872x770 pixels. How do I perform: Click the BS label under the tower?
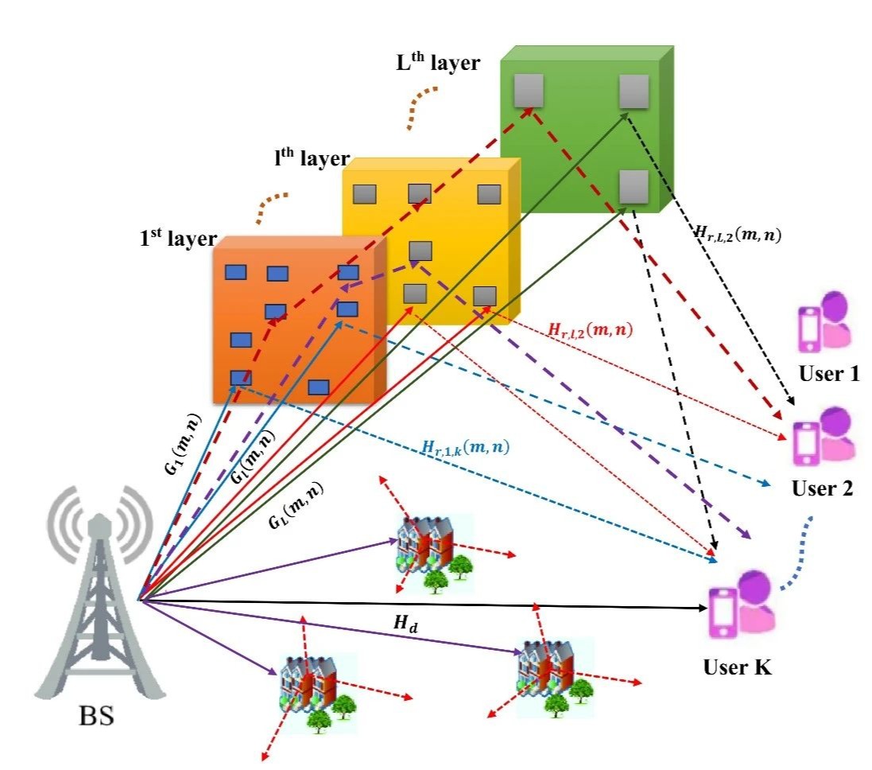[x=96, y=716]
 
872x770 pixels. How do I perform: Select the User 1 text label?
[x=828, y=374]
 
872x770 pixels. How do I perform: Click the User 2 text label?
[x=822, y=488]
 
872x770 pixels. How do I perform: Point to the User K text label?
[x=738, y=667]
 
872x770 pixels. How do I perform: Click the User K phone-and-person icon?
[x=742, y=605]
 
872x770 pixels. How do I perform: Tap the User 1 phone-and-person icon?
[x=825, y=322]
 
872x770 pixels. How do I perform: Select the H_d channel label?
[x=406, y=624]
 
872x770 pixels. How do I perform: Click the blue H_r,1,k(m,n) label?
[x=466, y=447]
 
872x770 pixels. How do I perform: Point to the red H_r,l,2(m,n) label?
[x=591, y=330]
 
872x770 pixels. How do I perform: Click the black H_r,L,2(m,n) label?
[x=738, y=234]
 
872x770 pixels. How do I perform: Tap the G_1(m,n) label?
[x=183, y=443]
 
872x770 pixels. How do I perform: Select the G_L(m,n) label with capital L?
[x=296, y=505]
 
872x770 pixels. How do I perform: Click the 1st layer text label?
[x=179, y=239]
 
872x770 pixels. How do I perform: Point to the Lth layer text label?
[x=438, y=62]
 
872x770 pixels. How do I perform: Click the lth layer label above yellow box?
[x=312, y=158]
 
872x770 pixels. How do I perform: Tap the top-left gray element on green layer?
[x=529, y=91]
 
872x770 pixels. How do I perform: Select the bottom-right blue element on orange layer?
[x=319, y=387]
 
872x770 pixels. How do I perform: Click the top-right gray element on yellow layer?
[x=489, y=194]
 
